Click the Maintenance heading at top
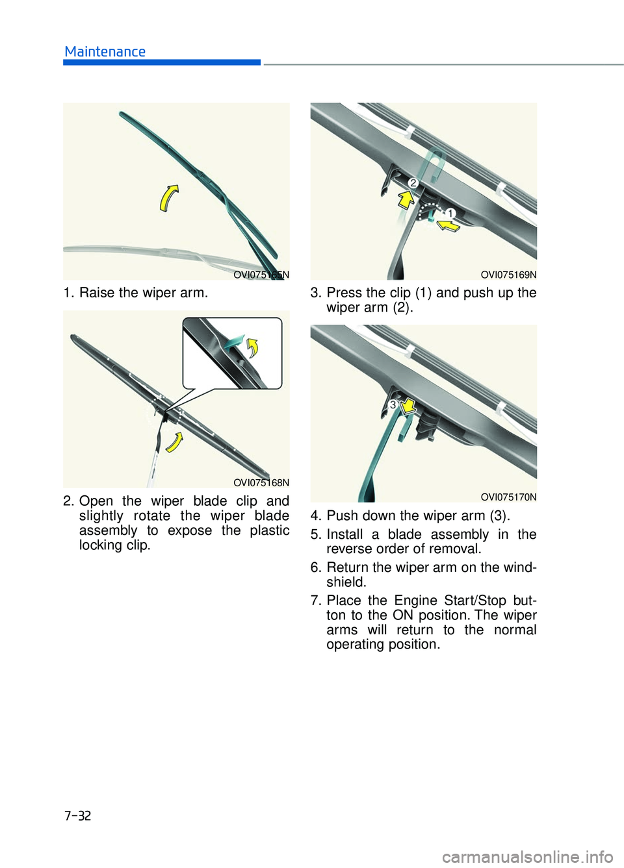pos(105,52)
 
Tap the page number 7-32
pos(77,815)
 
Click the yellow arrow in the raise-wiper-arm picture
pos(168,197)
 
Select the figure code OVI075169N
pos(508,275)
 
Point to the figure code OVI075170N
pos(508,497)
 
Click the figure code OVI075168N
pos(261,482)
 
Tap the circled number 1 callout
pos(450,213)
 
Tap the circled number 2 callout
pos(413,183)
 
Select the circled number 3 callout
pos(393,404)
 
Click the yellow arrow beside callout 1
pos(448,225)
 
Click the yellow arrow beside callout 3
pos(408,406)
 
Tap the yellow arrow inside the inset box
pos(252,347)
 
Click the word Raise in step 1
pos(97,293)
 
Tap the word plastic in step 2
pos(270,530)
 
